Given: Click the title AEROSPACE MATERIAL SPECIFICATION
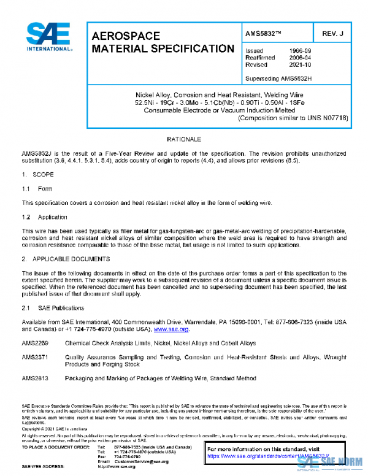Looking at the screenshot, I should [162, 42].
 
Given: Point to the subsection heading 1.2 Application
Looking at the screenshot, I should [45, 217].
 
